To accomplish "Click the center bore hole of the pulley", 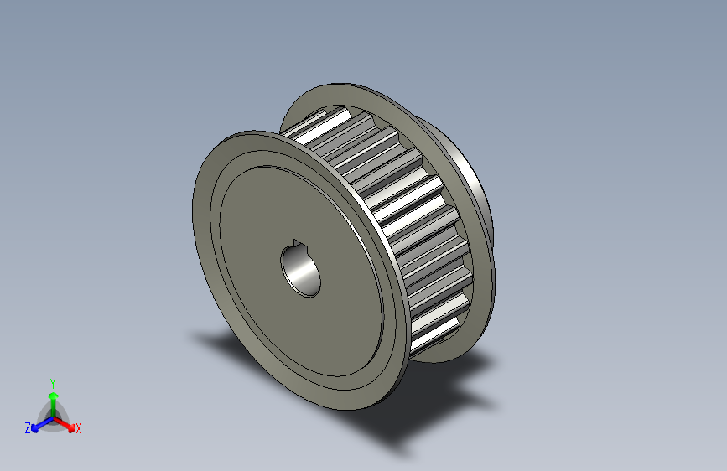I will click(300, 269).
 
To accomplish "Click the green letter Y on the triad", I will click(52, 381).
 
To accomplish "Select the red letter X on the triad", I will click(79, 429).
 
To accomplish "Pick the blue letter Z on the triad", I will click(28, 428).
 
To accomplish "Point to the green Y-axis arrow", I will click(52, 398).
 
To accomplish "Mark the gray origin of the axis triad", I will click(52, 417).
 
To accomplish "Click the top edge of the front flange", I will click(252, 132).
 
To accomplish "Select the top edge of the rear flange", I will click(344, 85).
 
